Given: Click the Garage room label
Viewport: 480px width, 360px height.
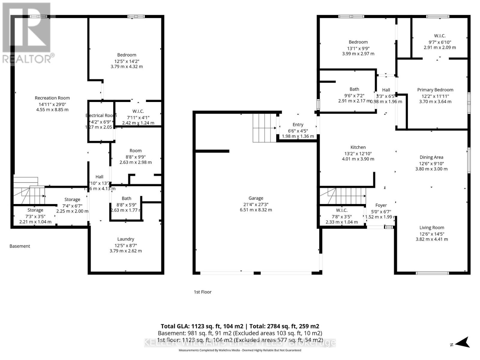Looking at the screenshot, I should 256,198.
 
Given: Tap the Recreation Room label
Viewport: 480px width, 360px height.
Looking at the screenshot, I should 52,98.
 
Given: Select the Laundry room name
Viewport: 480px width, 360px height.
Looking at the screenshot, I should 126,239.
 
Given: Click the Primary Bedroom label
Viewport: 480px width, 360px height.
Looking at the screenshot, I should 435,90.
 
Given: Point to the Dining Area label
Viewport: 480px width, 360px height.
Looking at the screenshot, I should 431,157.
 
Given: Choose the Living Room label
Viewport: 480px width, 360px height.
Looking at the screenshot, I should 432,228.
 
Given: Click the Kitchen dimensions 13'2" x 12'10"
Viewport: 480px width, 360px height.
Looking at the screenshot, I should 358,153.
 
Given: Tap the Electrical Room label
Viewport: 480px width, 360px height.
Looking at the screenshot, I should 101,115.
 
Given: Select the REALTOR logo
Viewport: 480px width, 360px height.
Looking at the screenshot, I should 27,33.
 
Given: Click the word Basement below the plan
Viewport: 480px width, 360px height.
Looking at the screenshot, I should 20,246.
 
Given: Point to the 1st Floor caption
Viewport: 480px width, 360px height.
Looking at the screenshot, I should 202,292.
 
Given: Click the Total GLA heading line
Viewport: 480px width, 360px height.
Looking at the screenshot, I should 240,326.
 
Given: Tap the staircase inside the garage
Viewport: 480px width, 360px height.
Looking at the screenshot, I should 264,128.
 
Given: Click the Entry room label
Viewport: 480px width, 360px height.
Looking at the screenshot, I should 298,124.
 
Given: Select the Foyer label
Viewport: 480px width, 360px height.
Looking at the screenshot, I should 381,205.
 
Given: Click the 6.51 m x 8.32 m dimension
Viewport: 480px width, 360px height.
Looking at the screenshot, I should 256,210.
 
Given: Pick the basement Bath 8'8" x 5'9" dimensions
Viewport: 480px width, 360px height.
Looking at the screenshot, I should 126,205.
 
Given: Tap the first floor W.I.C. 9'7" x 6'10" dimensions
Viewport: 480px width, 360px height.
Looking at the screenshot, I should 439,42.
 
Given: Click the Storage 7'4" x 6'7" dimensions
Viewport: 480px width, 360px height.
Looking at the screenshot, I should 72,205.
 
